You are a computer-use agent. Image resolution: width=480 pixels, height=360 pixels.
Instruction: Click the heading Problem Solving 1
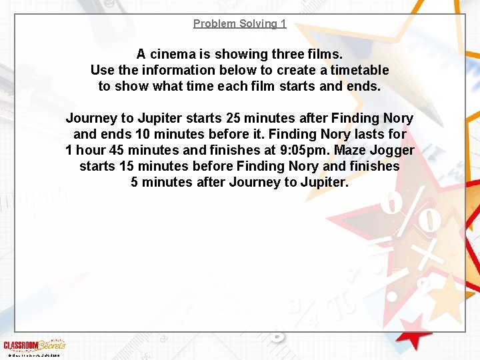pos(239,24)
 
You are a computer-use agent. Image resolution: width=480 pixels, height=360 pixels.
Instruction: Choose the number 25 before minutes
pos(233,119)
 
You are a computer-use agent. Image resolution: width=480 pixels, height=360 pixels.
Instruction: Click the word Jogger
pos(397,151)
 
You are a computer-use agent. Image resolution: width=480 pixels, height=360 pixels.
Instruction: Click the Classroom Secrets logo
pos(34,345)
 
